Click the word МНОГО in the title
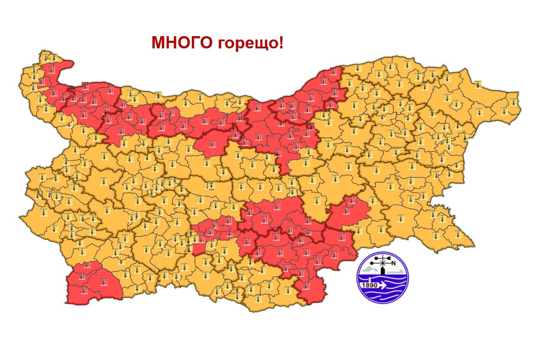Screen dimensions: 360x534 182,42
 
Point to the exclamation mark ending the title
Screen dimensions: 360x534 281,42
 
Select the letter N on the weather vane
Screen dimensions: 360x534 394,264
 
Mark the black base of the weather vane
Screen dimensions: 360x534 383,271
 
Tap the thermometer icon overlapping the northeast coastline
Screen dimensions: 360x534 478,85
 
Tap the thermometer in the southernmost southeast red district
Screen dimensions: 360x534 306,286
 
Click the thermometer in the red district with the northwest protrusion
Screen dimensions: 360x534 51,69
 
